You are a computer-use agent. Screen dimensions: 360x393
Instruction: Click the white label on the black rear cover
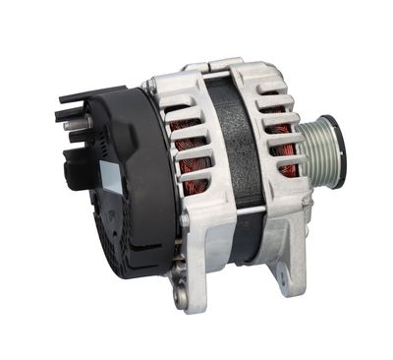coord(110,178)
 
